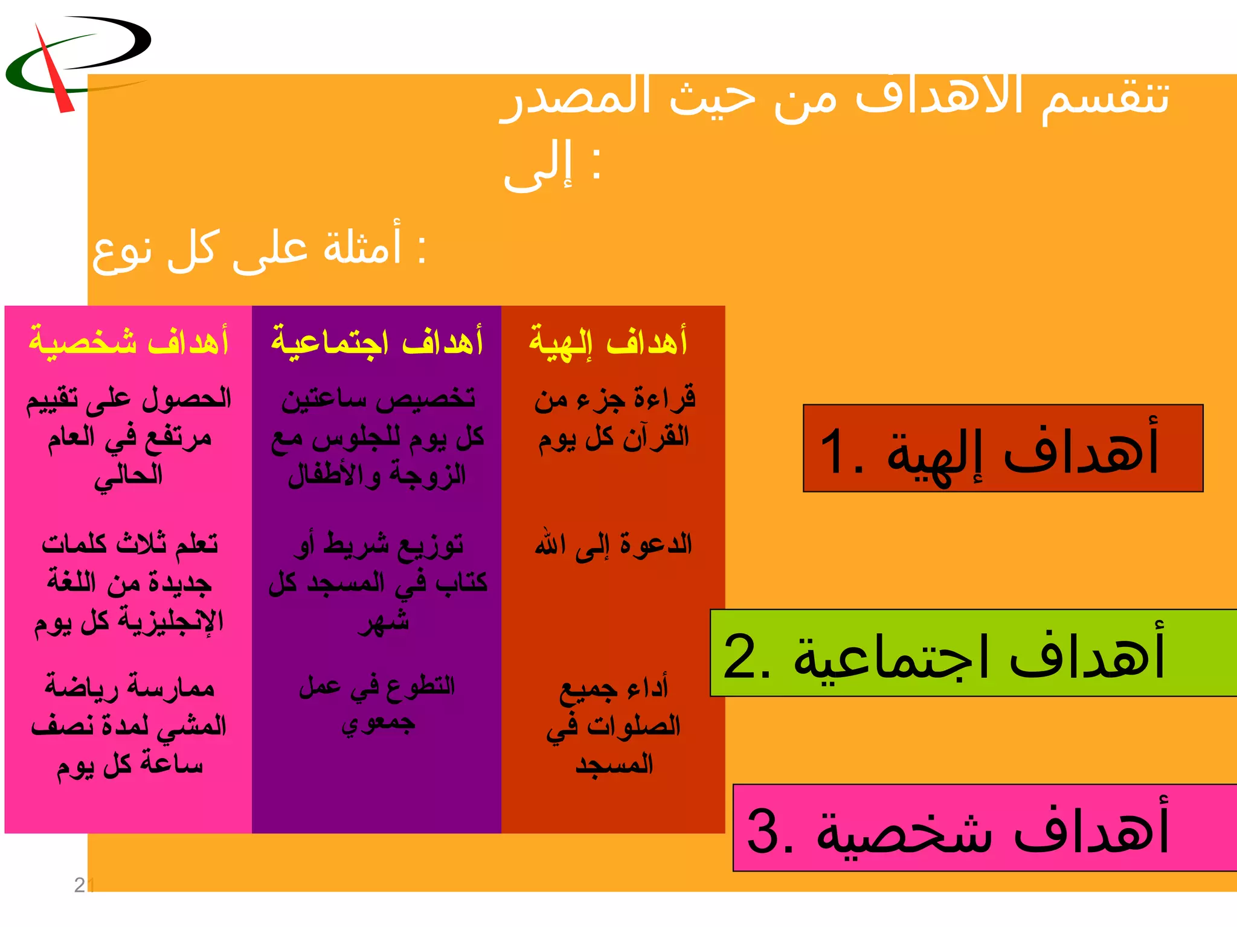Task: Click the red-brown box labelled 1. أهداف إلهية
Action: click(1003, 448)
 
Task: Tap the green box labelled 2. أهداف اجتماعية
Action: click(972, 653)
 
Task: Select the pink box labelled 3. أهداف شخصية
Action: click(985, 827)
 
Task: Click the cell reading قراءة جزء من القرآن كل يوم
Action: click(614, 418)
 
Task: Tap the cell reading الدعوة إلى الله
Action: click(613, 545)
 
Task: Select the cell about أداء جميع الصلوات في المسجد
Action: click(614, 726)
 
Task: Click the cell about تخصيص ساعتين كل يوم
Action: click(377, 437)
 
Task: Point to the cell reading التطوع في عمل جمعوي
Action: click(377, 704)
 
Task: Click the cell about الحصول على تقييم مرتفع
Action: click(129, 437)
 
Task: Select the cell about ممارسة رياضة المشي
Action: click(129, 726)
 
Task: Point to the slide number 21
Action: click(83, 885)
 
